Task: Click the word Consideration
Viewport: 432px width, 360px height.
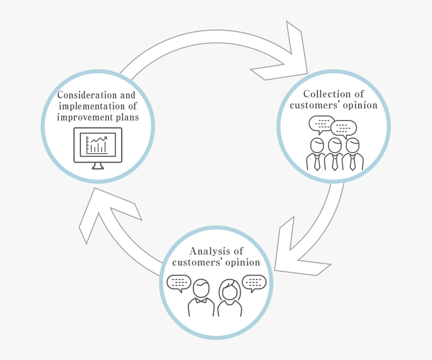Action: tap(82, 95)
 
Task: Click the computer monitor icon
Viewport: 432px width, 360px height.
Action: tap(97, 145)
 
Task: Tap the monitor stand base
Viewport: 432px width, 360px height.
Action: tap(98, 167)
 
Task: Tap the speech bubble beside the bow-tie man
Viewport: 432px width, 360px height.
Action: tap(178, 283)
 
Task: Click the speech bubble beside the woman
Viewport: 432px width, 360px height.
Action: tap(254, 283)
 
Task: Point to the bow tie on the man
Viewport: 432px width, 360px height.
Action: tap(201, 301)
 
